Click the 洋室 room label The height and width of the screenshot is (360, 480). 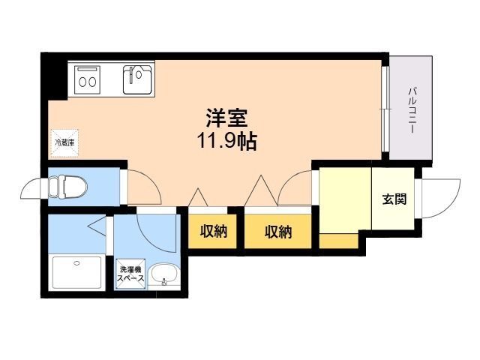point(226,118)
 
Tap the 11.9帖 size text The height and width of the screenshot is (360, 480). point(226,141)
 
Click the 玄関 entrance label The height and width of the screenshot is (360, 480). point(394,199)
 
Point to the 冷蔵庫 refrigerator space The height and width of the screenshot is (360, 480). point(64,143)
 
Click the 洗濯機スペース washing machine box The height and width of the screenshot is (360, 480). point(130,274)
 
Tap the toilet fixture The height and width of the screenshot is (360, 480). point(67,187)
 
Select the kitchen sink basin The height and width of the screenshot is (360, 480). point(137,79)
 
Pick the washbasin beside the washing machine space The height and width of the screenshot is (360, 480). point(163,274)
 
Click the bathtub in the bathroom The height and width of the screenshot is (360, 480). point(76,272)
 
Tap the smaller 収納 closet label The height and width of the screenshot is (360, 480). point(214,232)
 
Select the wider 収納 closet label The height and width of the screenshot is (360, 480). point(278,232)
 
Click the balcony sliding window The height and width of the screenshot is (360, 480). point(385,109)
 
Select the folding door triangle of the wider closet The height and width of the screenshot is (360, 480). point(261,190)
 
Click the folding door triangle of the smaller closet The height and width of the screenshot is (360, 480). point(198,197)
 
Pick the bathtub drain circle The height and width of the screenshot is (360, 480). point(76,262)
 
